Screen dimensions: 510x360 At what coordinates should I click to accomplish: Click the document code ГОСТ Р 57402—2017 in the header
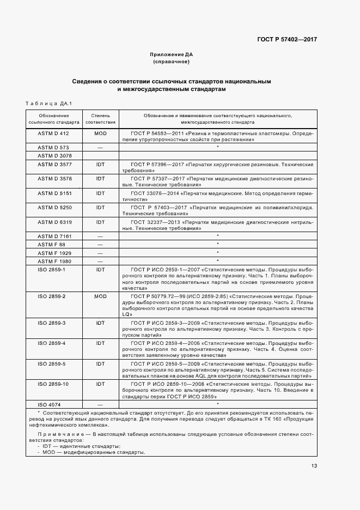(287, 39)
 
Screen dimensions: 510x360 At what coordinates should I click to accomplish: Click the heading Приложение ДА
(171, 54)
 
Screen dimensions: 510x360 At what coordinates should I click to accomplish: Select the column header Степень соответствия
(100, 119)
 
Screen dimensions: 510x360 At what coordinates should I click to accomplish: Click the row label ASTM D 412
(53, 133)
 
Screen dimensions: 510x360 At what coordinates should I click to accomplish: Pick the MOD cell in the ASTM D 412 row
(100, 133)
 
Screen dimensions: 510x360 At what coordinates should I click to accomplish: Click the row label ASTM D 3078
(53, 156)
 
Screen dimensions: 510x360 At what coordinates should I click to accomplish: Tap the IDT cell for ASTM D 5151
(100, 193)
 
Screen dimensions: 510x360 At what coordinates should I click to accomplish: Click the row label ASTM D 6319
(53, 222)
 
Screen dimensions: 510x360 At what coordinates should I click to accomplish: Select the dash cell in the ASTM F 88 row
(100, 245)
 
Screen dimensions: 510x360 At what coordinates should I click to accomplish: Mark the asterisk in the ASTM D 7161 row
(217, 236)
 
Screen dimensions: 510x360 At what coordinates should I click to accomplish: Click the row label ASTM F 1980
(53, 261)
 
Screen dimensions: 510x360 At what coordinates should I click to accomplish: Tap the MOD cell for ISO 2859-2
(100, 296)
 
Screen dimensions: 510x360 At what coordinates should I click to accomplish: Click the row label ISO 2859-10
(53, 384)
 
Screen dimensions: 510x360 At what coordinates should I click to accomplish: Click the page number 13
(314, 465)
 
